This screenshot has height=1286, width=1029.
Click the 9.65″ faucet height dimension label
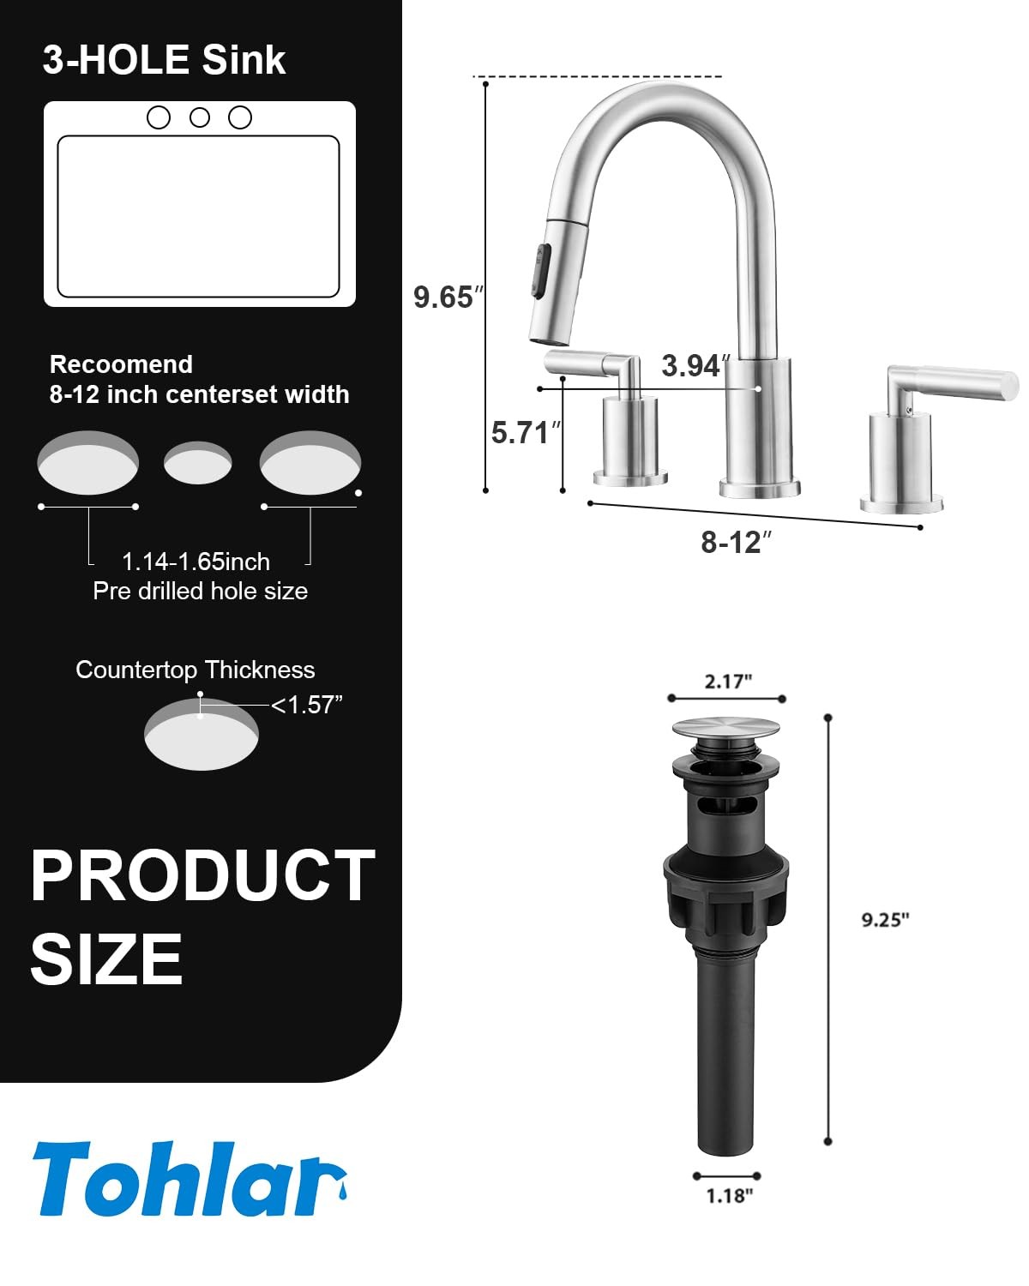coord(448,297)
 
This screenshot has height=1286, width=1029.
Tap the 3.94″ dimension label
coord(695,365)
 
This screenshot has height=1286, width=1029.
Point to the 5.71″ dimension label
coord(526,433)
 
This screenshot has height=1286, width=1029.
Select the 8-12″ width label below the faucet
coord(736,543)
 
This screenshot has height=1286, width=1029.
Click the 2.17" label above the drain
coord(728,682)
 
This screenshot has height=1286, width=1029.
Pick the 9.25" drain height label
coord(885,920)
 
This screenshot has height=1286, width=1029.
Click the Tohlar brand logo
coord(190,1179)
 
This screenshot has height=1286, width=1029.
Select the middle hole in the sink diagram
coord(200,117)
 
